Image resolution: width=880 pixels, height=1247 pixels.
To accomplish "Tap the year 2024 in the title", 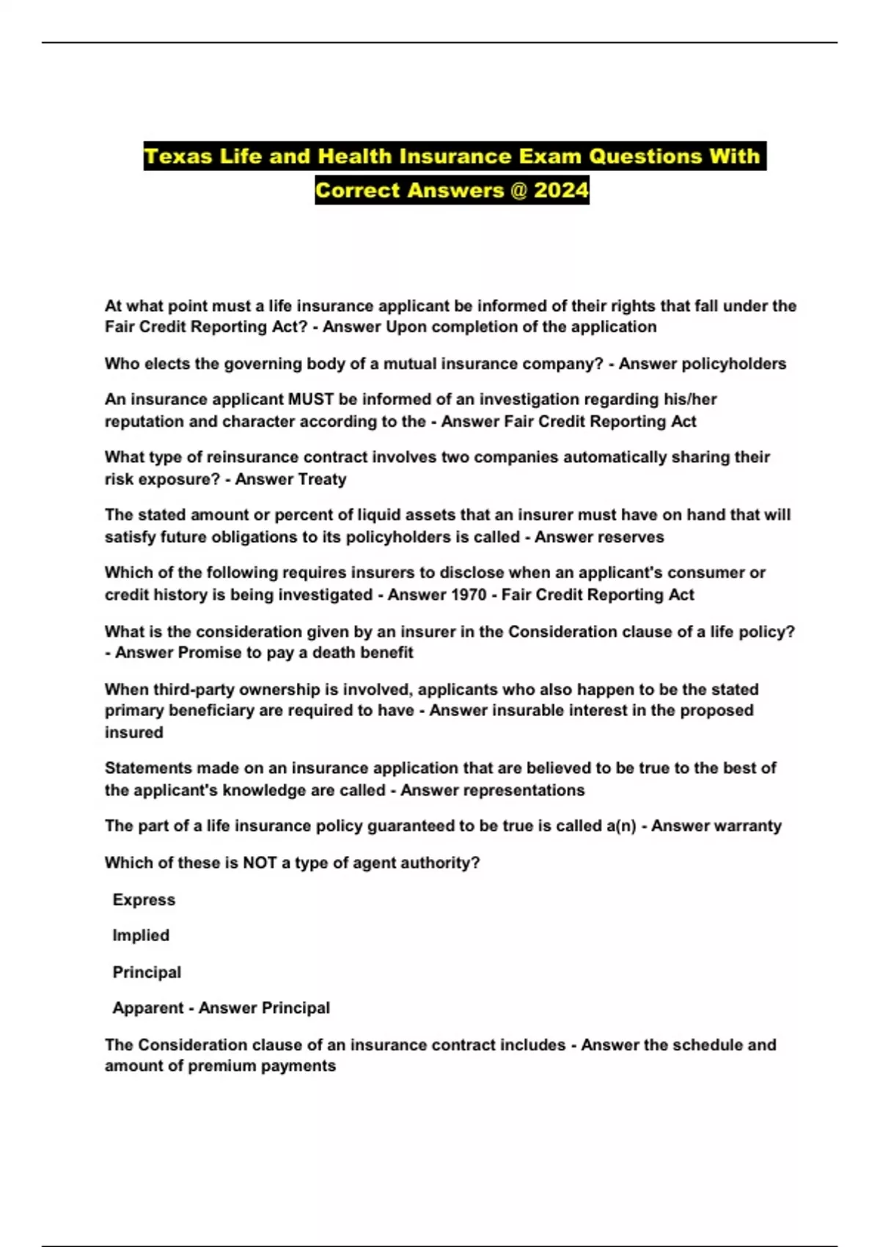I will [561, 191].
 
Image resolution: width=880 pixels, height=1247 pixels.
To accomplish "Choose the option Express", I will [144, 900].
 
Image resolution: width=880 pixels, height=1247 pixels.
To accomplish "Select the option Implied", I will [141, 936].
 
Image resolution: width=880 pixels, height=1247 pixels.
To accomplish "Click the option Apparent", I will [147, 1009].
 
